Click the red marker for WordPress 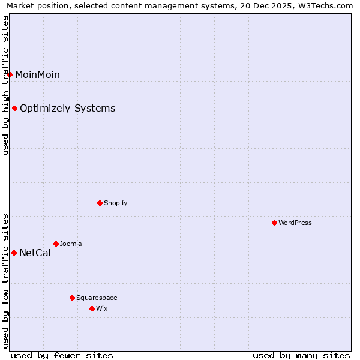click(x=274, y=223)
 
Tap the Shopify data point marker click(x=100, y=203)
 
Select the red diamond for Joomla click(x=56, y=244)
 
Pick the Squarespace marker click(x=72, y=298)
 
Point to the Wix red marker click(x=92, y=308)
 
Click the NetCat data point click(x=14, y=253)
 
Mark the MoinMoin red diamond click(x=10, y=74)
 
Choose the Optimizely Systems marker click(x=14, y=108)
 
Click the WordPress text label click(x=295, y=223)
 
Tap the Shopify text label click(x=116, y=203)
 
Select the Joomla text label click(x=71, y=244)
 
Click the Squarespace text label click(x=97, y=298)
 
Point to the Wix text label click(x=101, y=308)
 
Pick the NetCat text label click(x=35, y=253)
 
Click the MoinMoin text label click(x=37, y=74)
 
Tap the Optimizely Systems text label click(x=68, y=108)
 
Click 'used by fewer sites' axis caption click(x=62, y=355)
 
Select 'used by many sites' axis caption click(x=301, y=355)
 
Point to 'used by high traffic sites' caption click(x=6, y=85)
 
